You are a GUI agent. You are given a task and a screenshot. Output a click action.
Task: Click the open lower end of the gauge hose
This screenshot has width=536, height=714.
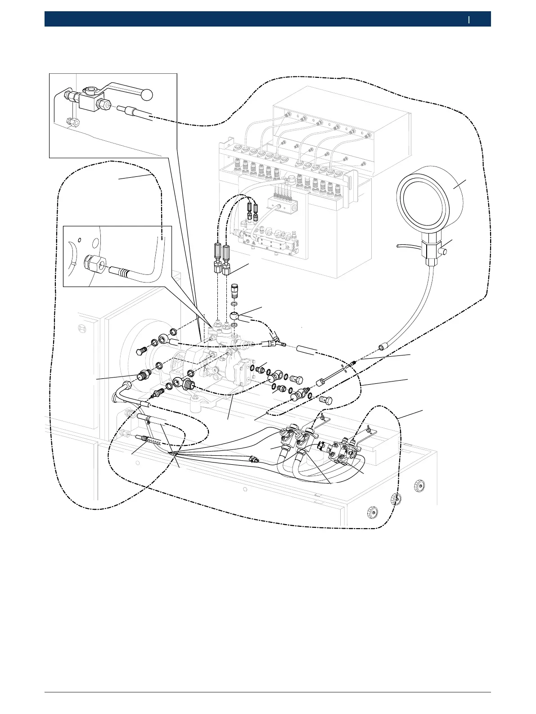[381, 348]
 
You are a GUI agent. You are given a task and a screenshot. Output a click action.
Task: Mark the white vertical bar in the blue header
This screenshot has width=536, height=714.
[469, 19]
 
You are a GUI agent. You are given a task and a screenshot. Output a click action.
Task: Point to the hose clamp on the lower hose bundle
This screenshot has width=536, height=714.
[147, 421]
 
